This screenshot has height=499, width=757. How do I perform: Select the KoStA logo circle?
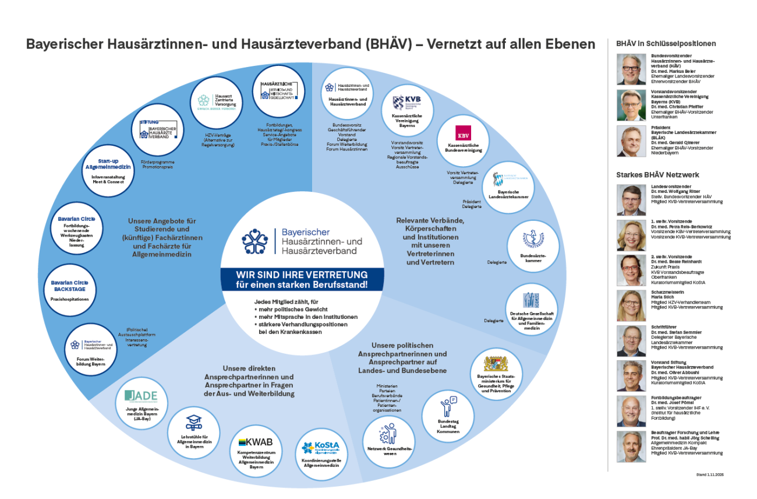pos(321,454)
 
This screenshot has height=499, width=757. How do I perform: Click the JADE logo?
pos(141,396)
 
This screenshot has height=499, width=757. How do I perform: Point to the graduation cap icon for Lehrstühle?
pos(193,423)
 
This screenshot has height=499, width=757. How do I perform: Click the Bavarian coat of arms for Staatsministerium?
pos(496,364)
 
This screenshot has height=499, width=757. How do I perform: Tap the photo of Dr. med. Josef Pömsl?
pos(631,412)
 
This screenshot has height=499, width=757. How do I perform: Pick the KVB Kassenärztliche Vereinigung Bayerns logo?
pos(406,105)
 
